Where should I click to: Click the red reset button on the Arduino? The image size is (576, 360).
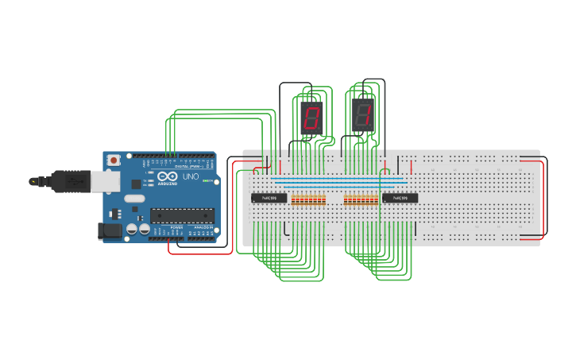click(114, 160)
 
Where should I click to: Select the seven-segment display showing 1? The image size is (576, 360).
click(363, 116)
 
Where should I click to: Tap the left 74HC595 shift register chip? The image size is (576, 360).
click(269, 198)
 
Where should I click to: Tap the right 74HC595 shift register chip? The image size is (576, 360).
click(400, 198)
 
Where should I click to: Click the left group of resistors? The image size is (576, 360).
click(308, 199)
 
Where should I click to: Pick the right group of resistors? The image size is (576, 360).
click(361, 199)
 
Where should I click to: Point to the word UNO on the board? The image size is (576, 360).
click(191, 176)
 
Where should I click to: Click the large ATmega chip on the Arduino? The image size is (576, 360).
click(182, 215)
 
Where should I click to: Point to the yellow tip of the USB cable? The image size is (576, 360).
click(33, 181)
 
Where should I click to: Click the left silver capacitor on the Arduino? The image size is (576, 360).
click(132, 230)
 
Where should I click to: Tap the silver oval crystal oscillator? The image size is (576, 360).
click(134, 199)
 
